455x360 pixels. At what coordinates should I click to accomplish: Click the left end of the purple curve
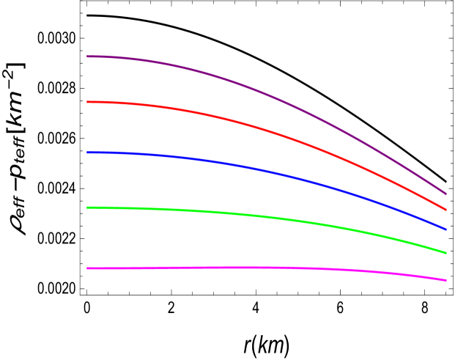(x=87, y=56)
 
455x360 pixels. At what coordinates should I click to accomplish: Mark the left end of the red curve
(x=87, y=102)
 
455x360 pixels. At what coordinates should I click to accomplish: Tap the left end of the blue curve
(x=87, y=153)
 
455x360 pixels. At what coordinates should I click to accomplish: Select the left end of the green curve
(x=87, y=207)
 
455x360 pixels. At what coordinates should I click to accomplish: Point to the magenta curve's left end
(x=87, y=268)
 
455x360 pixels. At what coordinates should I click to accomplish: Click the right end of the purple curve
(x=446, y=194)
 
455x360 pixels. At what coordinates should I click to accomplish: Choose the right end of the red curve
(x=446, y=210)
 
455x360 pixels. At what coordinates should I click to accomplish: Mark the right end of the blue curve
(x=446, y=229)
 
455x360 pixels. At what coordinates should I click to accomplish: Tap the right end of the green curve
(x=446, y=253)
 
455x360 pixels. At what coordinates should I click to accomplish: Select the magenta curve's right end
(x=446, y=280)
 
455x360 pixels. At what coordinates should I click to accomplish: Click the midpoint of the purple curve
(x=267, y=92)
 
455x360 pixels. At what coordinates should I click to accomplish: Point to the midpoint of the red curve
(x=267, y=130)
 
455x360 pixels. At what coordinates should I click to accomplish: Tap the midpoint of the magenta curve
(x=267, y=268)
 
